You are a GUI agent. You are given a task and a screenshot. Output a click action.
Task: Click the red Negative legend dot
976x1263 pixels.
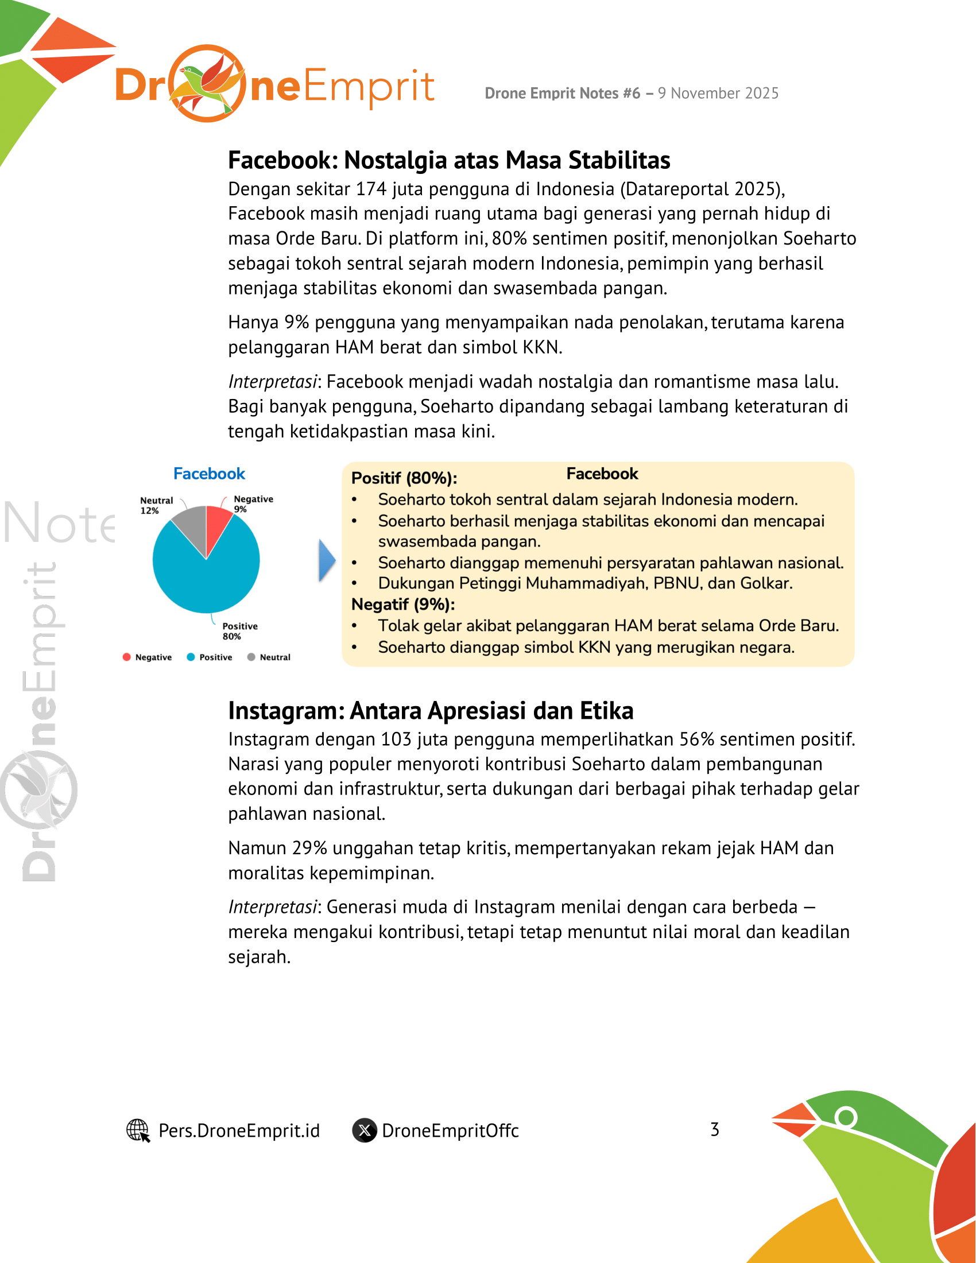pyautogui.click(x=127, y=657)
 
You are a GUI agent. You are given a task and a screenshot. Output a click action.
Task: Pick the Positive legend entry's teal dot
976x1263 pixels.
pyautogui.click(x=191, y=657)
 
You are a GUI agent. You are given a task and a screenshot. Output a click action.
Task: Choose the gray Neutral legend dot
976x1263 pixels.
pyautogui.click(x=251, y=657)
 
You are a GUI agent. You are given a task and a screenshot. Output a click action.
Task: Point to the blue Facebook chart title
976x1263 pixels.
pyautogui.click(x=210, y=474)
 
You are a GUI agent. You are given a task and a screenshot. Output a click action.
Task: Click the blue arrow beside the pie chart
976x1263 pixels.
pyautogui.click(x=327, y=560)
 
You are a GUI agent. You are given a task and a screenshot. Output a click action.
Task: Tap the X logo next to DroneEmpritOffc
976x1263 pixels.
pyautogui.click(x=365, y=1130)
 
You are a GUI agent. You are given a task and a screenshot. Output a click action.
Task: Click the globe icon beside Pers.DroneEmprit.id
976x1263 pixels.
pyautogui.click(x=138, y=1130)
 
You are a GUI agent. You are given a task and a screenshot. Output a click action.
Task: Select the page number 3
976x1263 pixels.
pyautogui.click(x=715, y=1129)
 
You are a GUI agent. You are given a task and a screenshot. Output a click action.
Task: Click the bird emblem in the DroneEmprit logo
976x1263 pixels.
pyautogui.click(x=207, y=83)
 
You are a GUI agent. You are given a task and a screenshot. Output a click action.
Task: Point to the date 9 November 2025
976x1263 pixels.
pyautogui.click(x=718, y=94)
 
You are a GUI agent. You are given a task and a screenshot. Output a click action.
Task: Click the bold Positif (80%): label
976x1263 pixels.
pyautogui.click(x=404, y=478)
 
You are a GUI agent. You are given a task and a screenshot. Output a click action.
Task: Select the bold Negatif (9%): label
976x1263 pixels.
pyautogui.click(x=403, y=605)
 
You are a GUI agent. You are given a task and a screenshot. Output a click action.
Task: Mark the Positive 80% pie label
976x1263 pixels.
pyautogui.click(x=239, y=631)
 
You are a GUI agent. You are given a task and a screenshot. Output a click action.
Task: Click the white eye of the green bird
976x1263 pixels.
pyautogui.click(x=846, y=1117)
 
